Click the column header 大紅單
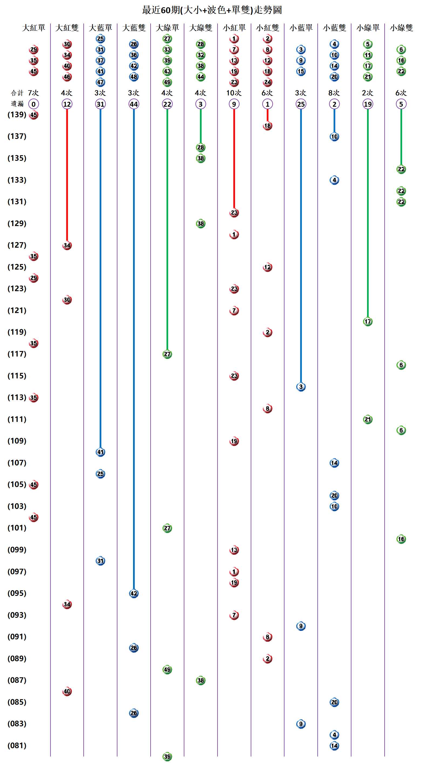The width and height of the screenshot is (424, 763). pyautogui.click(x=33, y=28)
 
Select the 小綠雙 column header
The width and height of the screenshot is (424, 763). pyautogui.click(x=401, y=28)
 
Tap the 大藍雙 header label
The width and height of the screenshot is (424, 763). pyautogui.click(x=134, y=28)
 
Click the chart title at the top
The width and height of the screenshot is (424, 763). pyautogui.click(x=212, y=10)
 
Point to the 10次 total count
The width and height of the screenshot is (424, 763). pyautogui.click(x=234, y=93)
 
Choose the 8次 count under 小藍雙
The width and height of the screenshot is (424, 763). pyautogui.click(x=334, y=93)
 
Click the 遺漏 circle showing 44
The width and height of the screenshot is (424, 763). pyautogui.click(x=134, y=104)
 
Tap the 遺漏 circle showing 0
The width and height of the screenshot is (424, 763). pyautogui.click(x=33, y=104)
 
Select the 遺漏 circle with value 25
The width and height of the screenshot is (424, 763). pyautogui.click(x=301, y=104)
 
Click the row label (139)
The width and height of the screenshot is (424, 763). pyautogui.click(x=17, y=115)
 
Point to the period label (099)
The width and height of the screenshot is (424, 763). pyautogui.click(x=17, y=550)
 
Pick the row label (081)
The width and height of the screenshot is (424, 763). pyautogui.click(x=17, y=745)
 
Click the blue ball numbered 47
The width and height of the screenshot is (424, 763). pyautogui.click(x=100, y=82)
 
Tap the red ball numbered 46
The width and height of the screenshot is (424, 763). pyautogui.click(x=67, y=77)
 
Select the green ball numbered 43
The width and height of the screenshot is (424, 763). pyautogui.click(x=167, y=71)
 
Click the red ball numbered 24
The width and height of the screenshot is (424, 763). pyautogui.click(x=267, y=82)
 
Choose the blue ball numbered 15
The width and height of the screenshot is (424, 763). pyautogui.click(x=301, y=71)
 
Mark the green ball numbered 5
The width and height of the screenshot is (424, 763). pyautogui.click(x=368, y=44)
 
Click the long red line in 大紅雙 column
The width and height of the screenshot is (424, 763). pyautogui.click(x=67, y=175)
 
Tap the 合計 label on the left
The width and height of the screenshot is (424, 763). pyautogui.click(x=17, y=93)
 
